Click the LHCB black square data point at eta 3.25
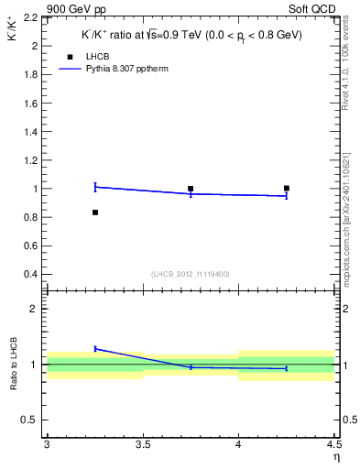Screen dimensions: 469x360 [x=94, y=213]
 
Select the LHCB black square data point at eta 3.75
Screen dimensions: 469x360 [x=191, y=189]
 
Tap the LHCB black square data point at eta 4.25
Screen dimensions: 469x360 [x=287, y=189]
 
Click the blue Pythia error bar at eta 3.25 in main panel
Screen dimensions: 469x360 [x=94, y=187]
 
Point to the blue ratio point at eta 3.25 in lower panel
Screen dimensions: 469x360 [x=94, y=349]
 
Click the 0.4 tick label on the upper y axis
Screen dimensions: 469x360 [x=31, y=274]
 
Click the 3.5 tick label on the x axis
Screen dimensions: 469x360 [x=142, y=445]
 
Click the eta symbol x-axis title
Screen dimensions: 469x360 [x=335, y=457]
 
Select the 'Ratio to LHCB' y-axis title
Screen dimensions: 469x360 [x=14, y=364]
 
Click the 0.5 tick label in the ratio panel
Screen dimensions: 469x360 [x=31, y=420]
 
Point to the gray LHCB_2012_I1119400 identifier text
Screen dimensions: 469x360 [x=189, y=274]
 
